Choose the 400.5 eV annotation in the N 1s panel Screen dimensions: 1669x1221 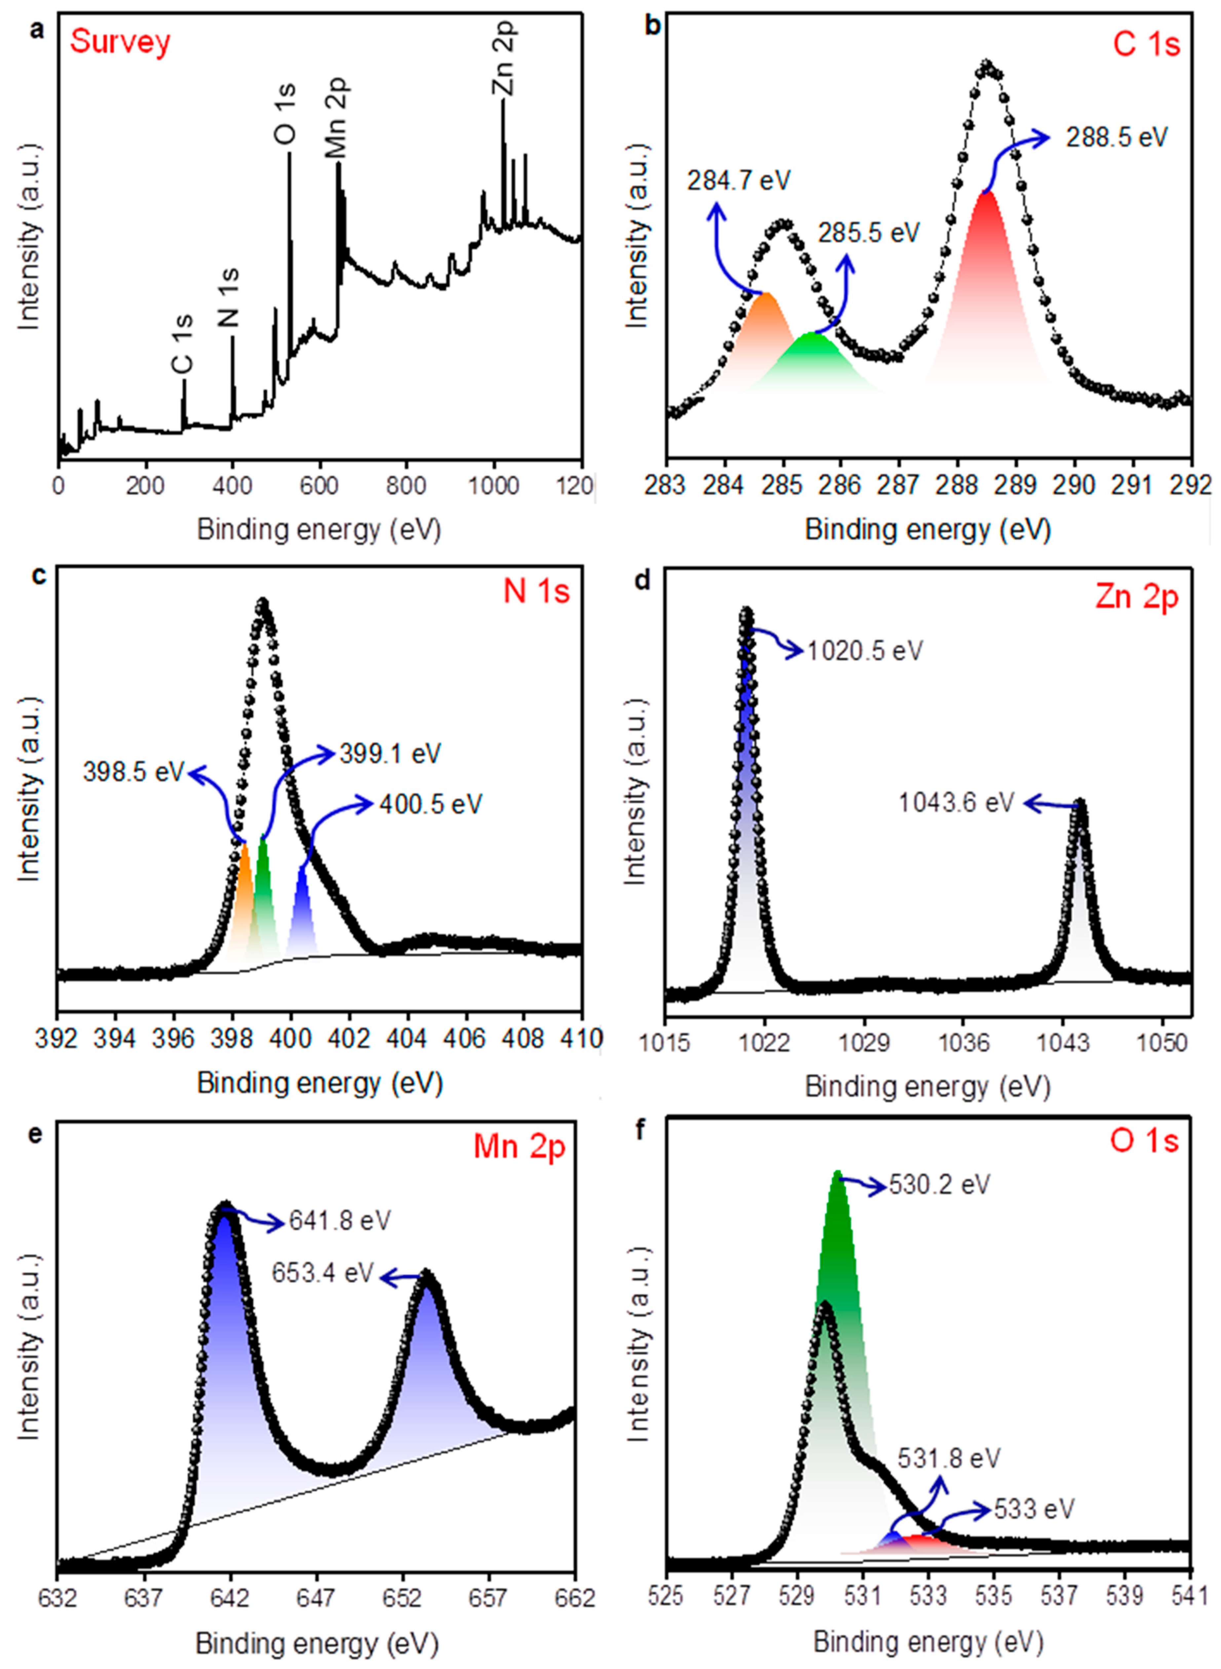[430, 804]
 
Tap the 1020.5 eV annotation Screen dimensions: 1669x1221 [865, 651]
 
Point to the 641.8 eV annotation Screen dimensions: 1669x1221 [339, 1220]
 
